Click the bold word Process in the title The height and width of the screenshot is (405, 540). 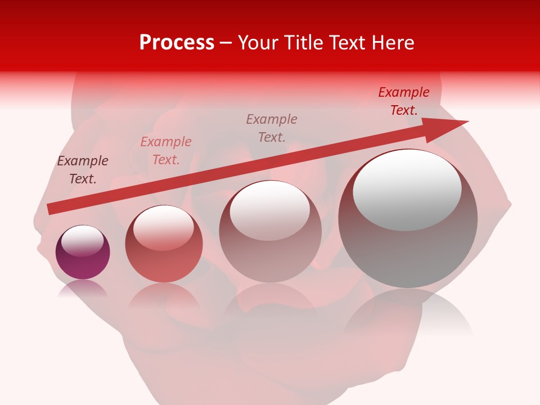(177, 43)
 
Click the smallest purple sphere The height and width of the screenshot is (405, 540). (83, 252)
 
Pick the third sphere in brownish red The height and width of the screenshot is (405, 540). (270, 231)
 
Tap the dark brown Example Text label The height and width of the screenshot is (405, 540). (83, 170)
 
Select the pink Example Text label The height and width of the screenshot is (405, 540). (166, 151)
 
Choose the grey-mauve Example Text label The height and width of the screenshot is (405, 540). (272, 128)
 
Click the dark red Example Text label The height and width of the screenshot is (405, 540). (404, 101)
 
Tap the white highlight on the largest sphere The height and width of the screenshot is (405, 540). (407, 190)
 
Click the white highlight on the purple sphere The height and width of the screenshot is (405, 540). (82, 241)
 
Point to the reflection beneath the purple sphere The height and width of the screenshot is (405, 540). (83, 289)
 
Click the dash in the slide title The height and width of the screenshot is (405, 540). (226, 43)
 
